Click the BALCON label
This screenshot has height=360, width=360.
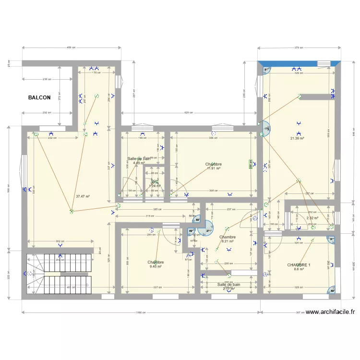coord(39,97)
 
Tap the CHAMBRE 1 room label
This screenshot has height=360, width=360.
coord(299,265)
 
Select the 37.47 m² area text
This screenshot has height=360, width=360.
coord(83,196)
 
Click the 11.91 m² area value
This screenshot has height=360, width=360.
coord(214,168)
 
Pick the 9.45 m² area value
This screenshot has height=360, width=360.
coord(156,267)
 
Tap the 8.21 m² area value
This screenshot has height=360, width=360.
coord(227,241)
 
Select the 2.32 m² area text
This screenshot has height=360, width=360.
coord(312,218)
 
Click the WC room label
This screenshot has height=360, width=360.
coord(154,182)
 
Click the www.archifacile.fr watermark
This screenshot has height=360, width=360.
coord(330,312)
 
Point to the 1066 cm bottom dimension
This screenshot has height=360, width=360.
coord(141,312)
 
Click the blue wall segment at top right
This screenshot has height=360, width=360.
coord(299,63)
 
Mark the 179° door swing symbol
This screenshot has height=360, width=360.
coord(266,129)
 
